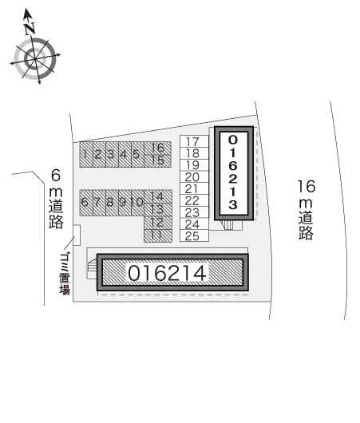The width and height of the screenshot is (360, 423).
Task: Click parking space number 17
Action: [x=194, y=141]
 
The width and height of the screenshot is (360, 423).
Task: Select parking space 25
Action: [x=194, y=235]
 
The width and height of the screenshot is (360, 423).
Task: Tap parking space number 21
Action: [x=194, y=188]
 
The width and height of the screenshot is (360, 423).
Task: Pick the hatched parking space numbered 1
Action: [x=86, y=155]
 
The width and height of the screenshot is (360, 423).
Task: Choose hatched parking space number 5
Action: [x=137, y=155]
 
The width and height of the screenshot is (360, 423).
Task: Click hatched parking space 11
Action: [x=158, y=235]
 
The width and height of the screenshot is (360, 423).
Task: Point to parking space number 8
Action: [x=112, y=203]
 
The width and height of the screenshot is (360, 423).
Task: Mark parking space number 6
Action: [x=86, y=203]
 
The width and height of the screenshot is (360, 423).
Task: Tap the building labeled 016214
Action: [x=172, y=272]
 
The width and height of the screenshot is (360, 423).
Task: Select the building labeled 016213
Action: [x=234, y=173]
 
